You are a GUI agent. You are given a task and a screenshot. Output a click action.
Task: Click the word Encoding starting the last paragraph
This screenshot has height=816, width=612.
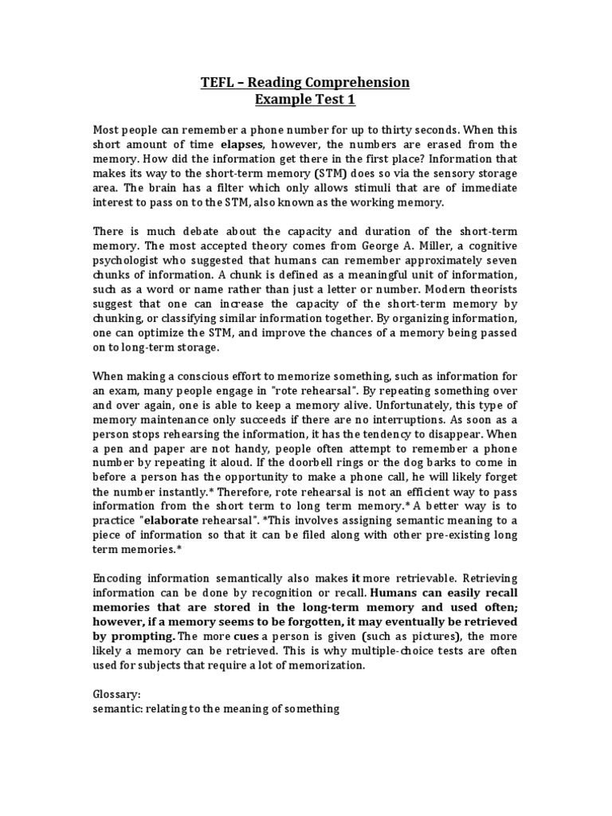click(119, 579)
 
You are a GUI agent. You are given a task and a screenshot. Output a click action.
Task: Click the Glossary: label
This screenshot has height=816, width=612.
click(117, 695)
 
